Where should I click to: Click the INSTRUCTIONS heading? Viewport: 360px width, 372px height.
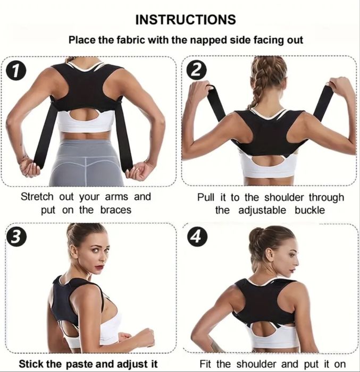point(186,20)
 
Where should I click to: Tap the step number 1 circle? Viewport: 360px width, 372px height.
point(15,71)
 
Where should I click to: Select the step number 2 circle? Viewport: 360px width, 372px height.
point(196,71)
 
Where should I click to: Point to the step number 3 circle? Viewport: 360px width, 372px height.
point(15,237)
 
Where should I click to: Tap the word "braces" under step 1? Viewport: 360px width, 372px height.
point(115,210)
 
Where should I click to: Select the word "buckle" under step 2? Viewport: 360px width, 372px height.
point(309,210)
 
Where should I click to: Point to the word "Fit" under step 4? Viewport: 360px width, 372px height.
point(205,363)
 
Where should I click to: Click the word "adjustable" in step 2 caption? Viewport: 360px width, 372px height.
point(262,210)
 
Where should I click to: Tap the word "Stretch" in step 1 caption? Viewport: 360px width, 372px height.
point(37,197)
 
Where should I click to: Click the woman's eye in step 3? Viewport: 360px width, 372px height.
point(96,250)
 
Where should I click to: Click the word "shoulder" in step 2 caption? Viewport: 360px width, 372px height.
point(284,197)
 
